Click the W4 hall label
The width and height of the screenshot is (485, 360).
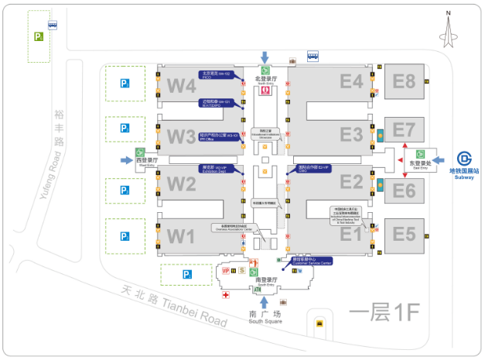click(182, 85)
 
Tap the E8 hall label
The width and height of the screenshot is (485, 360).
click(404, 81)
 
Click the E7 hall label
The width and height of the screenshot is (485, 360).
click(404, 129)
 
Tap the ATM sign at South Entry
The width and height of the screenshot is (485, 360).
click(258, 290)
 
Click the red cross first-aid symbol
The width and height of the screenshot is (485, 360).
click(225, 295)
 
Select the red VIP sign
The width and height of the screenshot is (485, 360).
click(226, 271)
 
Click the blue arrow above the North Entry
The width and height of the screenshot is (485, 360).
click(265, 57)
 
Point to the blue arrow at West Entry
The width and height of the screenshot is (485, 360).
click(128, 160)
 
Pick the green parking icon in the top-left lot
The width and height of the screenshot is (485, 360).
click(38, 36)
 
